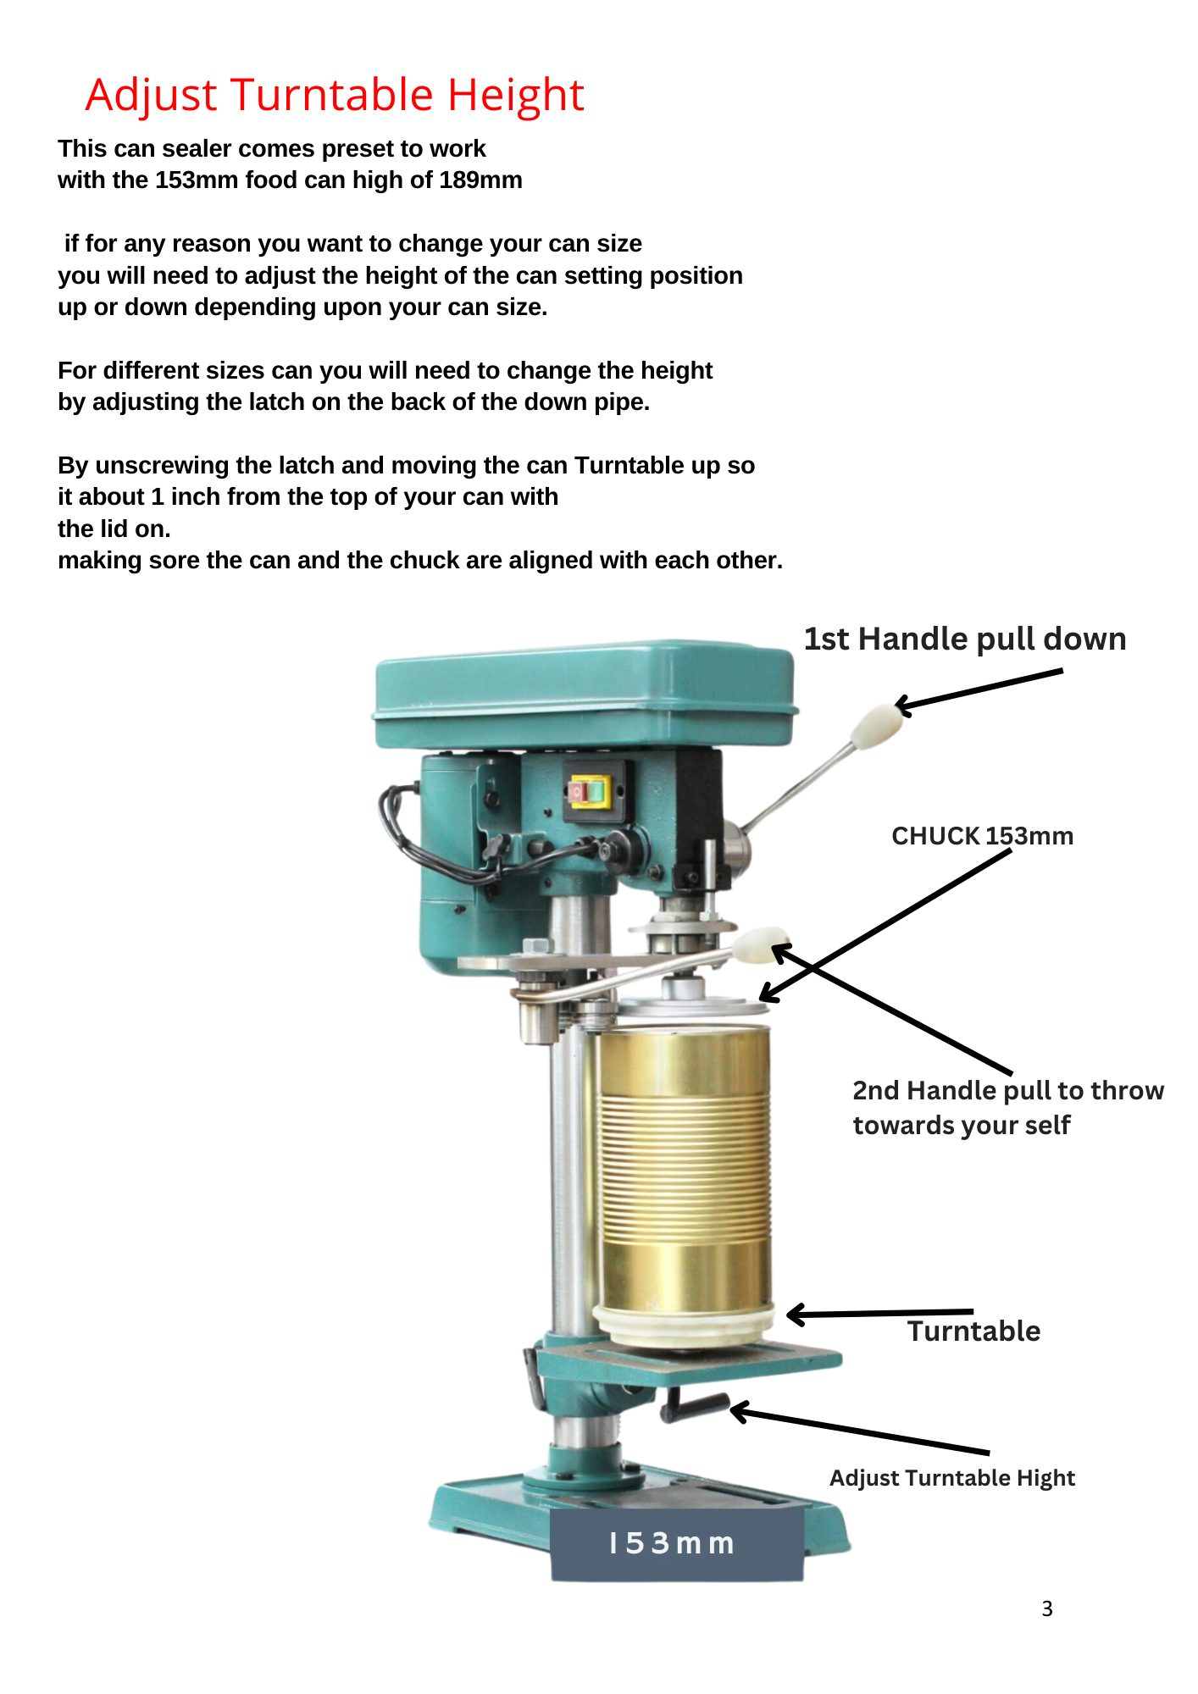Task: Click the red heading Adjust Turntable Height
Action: click(335, 95)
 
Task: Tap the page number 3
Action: click(1047, 1608)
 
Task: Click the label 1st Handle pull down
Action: click(965, 639)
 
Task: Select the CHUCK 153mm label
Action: click(982, 836)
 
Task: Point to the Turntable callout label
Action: click(974, 1331)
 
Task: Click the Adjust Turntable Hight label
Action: click(952, 1478)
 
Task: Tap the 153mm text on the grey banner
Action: click(671, 1543)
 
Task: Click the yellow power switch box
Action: click(590, 792)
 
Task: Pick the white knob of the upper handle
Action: click(876, 726)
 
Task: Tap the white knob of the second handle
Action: click(760, 945)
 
